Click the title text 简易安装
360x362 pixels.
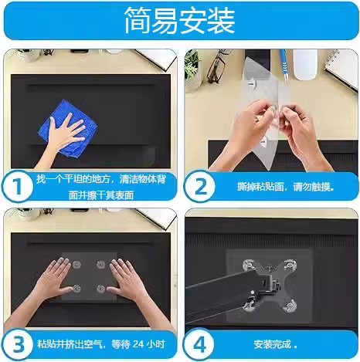(x=180, y=21)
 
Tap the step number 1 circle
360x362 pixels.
(x=18, y=186)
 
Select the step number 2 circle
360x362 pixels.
(x=200, y=186)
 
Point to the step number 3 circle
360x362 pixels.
(x=18, y=345)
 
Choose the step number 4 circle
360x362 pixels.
(x=199, y=345)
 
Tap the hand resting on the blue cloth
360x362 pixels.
(x=64, y=133)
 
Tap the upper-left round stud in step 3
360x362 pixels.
(x=76, y=264)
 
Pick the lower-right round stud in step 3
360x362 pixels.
(x=101, y=289)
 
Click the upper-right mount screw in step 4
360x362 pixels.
(x=290, y=266)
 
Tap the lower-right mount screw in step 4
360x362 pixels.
(x=290, y=306)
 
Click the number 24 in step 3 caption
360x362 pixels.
(x=138, y=344)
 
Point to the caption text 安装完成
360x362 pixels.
(x=272, y=344)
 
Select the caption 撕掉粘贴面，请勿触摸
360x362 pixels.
(x=286, y=187)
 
